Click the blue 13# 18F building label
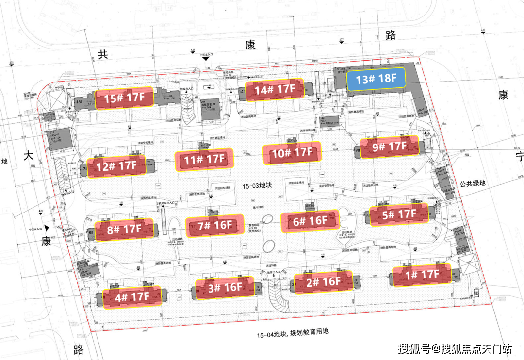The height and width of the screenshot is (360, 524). click(x=376, y=79)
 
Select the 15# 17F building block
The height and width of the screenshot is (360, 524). click(x=124, y=98)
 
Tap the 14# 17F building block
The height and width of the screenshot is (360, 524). click(x=275, y=90)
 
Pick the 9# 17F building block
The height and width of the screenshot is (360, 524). click(x=389, y=146)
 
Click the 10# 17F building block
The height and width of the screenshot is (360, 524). click(x=292, y=153)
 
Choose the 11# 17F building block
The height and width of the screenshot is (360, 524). click(x=204, y=159)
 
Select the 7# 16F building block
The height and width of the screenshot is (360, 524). click(x=215, y=225)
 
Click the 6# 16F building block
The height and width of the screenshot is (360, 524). click(x=310, y=221)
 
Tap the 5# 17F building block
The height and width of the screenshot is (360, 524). click(x=399, y=214)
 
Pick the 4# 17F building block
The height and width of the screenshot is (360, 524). click(x=132, y=296)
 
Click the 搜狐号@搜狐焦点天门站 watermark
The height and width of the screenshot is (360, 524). click(x=455, y=348)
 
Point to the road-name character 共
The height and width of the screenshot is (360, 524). click(x=102, y=55)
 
